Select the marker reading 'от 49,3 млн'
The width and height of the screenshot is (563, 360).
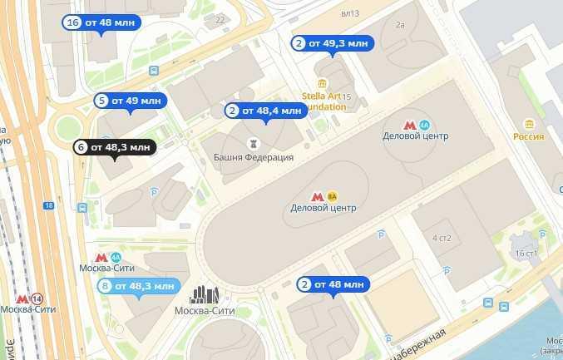point(331,43)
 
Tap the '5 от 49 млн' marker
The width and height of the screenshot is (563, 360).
point(131,101)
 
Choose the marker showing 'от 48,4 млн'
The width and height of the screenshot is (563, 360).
point(265,111)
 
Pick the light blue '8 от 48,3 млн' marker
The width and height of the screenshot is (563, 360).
point(137,286)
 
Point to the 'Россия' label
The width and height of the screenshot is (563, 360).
point(528,136)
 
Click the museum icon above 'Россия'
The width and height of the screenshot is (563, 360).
point(528,124)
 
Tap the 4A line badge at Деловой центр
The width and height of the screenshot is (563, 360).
point(424,124)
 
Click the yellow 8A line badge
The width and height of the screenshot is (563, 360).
point(333,196)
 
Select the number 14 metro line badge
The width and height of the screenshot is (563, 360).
point(37,298)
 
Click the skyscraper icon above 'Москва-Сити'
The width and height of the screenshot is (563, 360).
point(205,294)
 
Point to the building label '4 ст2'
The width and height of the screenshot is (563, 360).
point(441,239)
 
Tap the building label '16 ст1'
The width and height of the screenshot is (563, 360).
point(526,252)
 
